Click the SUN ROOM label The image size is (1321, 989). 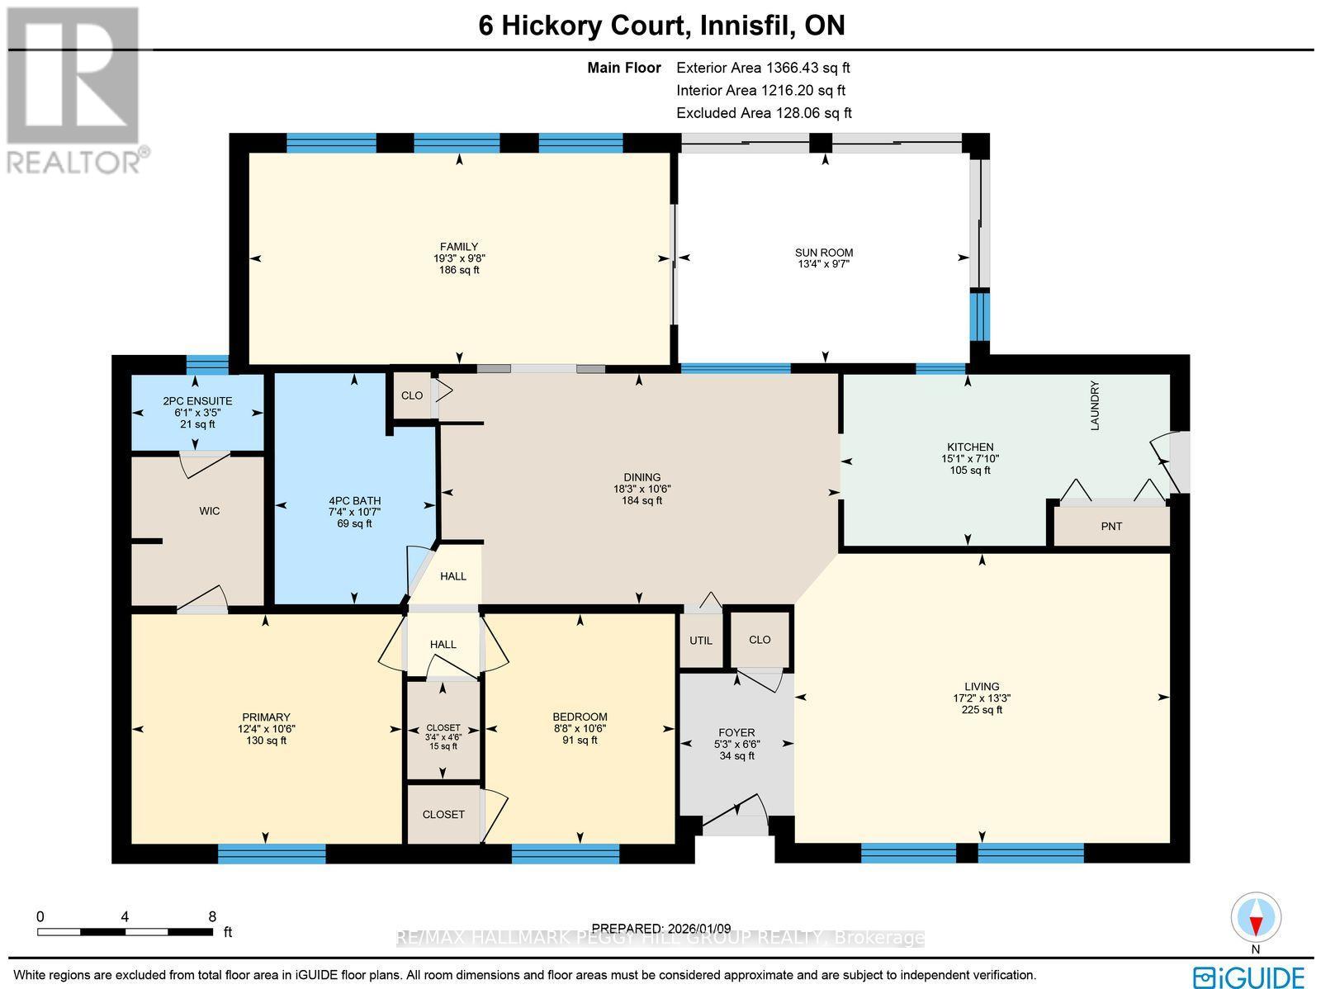click(x=824, y=253)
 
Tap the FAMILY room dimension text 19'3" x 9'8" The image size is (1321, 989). click(x=459, y=258)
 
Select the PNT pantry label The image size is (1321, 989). click(x=1111, y=526)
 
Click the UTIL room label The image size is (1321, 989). click(x=701, y=640)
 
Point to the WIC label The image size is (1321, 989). click(x=210, y=511)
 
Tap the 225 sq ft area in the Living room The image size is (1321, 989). click(x=982, y=709)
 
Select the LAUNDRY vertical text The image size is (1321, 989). click(x=1096, y=405)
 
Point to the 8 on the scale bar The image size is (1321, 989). click(x=212, y=916)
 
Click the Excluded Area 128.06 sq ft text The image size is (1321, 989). click(x=764, y=113)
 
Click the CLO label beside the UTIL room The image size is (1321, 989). click(x=760, y=640)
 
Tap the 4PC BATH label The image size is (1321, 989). click(x=354, y=500)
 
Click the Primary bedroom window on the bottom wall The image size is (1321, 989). click(x=272, y=854)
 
